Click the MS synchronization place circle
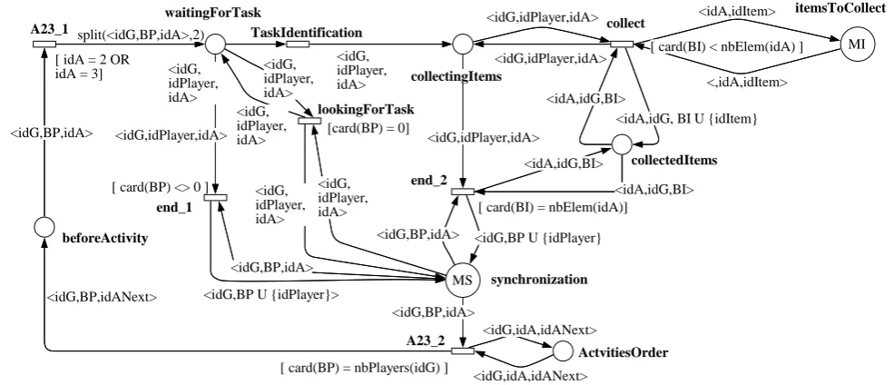click(461, 280)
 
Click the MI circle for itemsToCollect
click(857, 45)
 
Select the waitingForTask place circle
click(215, 44)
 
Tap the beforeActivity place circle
click(44, 227)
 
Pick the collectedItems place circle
click(622, 144)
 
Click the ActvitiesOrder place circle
click(562, 350)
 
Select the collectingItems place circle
click(463, 44)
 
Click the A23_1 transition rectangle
click(44, 44)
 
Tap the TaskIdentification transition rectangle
click(297, 44)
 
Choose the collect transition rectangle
click(622, 44)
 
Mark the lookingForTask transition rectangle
click(309, 120)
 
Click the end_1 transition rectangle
click(215, 197)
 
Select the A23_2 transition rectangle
click(462, 350)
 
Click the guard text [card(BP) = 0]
click(368, 128)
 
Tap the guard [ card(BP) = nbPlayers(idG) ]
click(364, 368)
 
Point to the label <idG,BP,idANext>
click(102, 297)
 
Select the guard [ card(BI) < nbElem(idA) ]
click(726, 47)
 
